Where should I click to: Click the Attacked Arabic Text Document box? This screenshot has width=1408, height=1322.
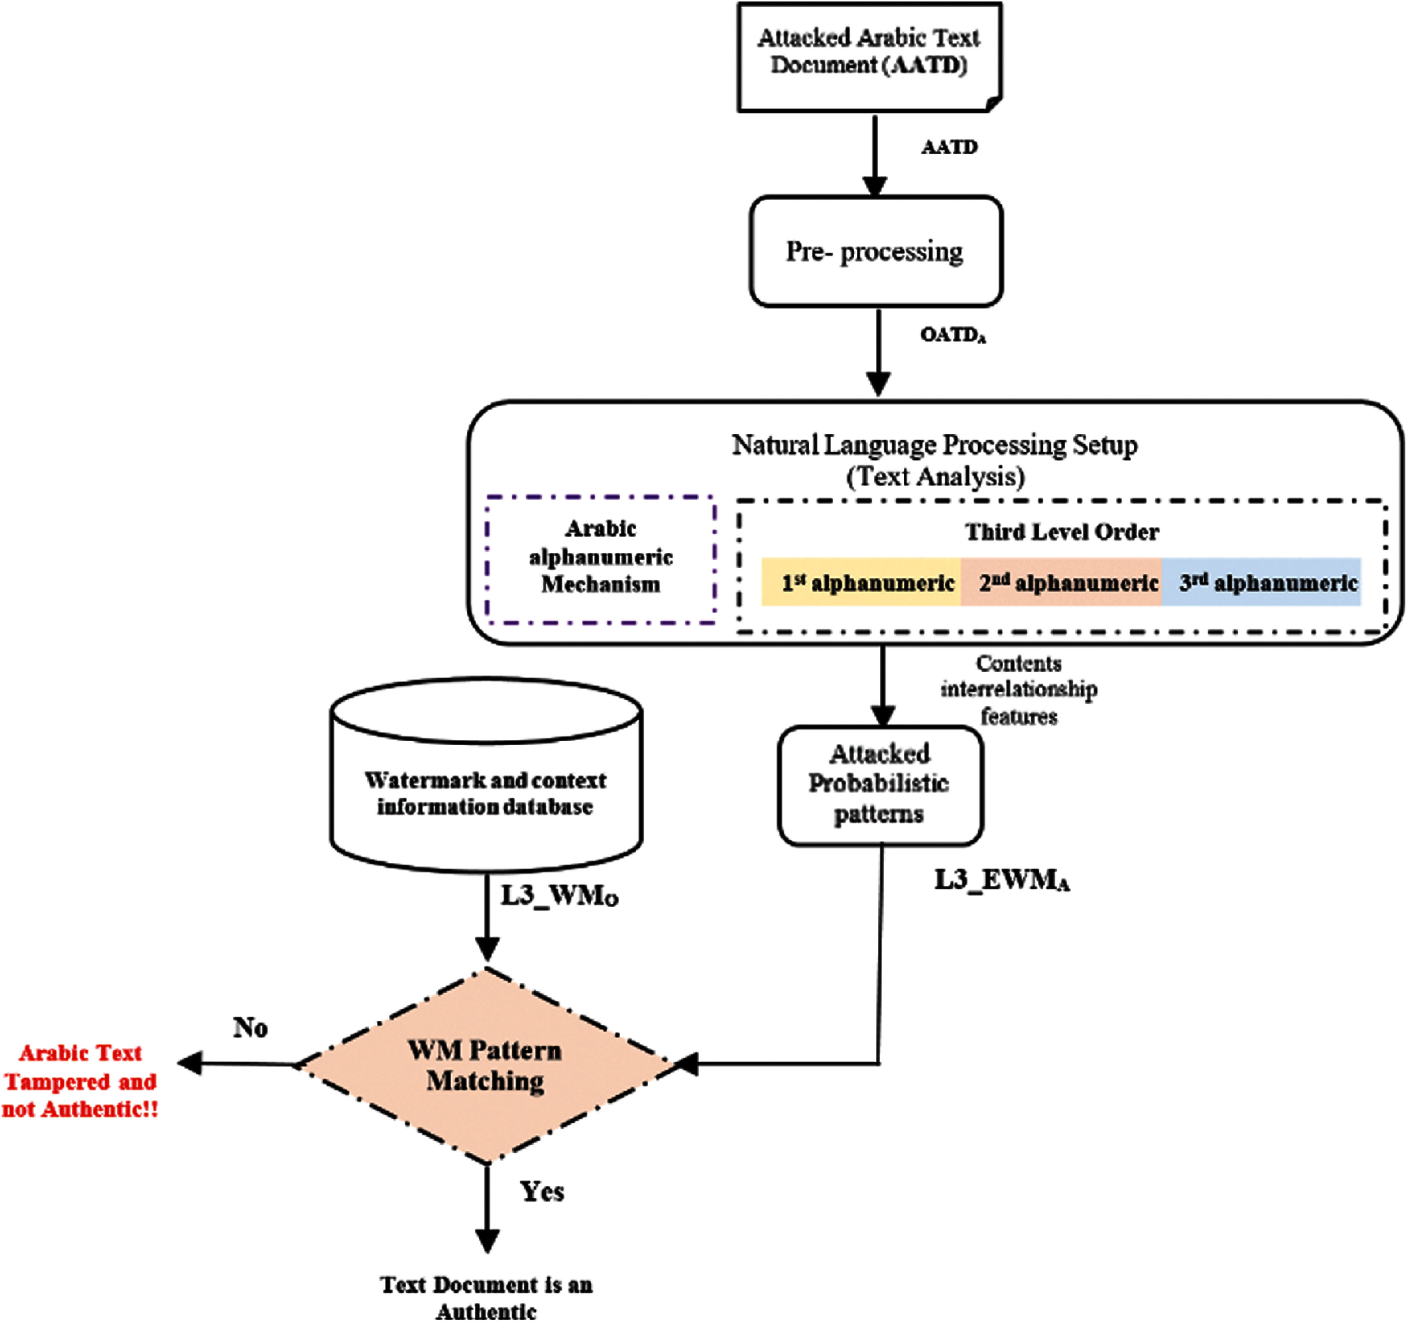(869, 57)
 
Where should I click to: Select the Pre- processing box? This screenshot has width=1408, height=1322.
(876, 251)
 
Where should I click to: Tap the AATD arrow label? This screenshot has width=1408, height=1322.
(949, 147)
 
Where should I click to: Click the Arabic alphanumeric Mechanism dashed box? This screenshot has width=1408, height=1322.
(601, 560)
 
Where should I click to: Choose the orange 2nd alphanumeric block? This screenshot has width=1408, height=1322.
(1061, 582)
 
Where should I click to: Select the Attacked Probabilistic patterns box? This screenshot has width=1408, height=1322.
(880, 784)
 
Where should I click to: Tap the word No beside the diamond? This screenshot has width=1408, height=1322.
(251, 1028)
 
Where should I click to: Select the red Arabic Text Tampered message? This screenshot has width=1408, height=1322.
(80, 1081)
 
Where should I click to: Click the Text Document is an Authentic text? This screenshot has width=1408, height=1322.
(486, 1297)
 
